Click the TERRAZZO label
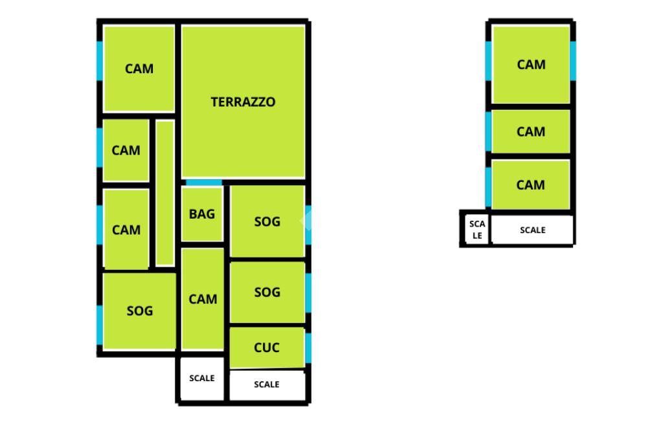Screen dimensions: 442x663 point(243,102)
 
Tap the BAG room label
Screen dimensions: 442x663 point(202,214)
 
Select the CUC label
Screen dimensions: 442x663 point(267,348)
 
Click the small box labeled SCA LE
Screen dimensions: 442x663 point(477,230)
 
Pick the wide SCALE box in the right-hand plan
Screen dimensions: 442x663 point(532,230)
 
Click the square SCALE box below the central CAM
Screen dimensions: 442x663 point(202,378)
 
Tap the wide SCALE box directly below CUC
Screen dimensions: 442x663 point(267,384)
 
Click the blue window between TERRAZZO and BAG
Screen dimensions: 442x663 point(203,182)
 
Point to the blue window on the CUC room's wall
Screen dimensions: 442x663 point(308,348)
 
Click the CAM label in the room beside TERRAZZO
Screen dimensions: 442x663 point(139,69)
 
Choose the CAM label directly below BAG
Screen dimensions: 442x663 point(203,300)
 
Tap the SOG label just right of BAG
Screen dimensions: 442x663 point(267,222)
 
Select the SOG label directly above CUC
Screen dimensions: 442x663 point(267,293)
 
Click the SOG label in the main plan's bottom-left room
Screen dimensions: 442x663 point(139,311)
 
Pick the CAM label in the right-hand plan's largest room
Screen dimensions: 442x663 point(531,65)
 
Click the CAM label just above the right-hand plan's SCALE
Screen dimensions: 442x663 point(531,185)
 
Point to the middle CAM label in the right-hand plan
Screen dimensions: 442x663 point(531,132)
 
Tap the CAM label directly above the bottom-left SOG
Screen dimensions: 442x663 point(126,230)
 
